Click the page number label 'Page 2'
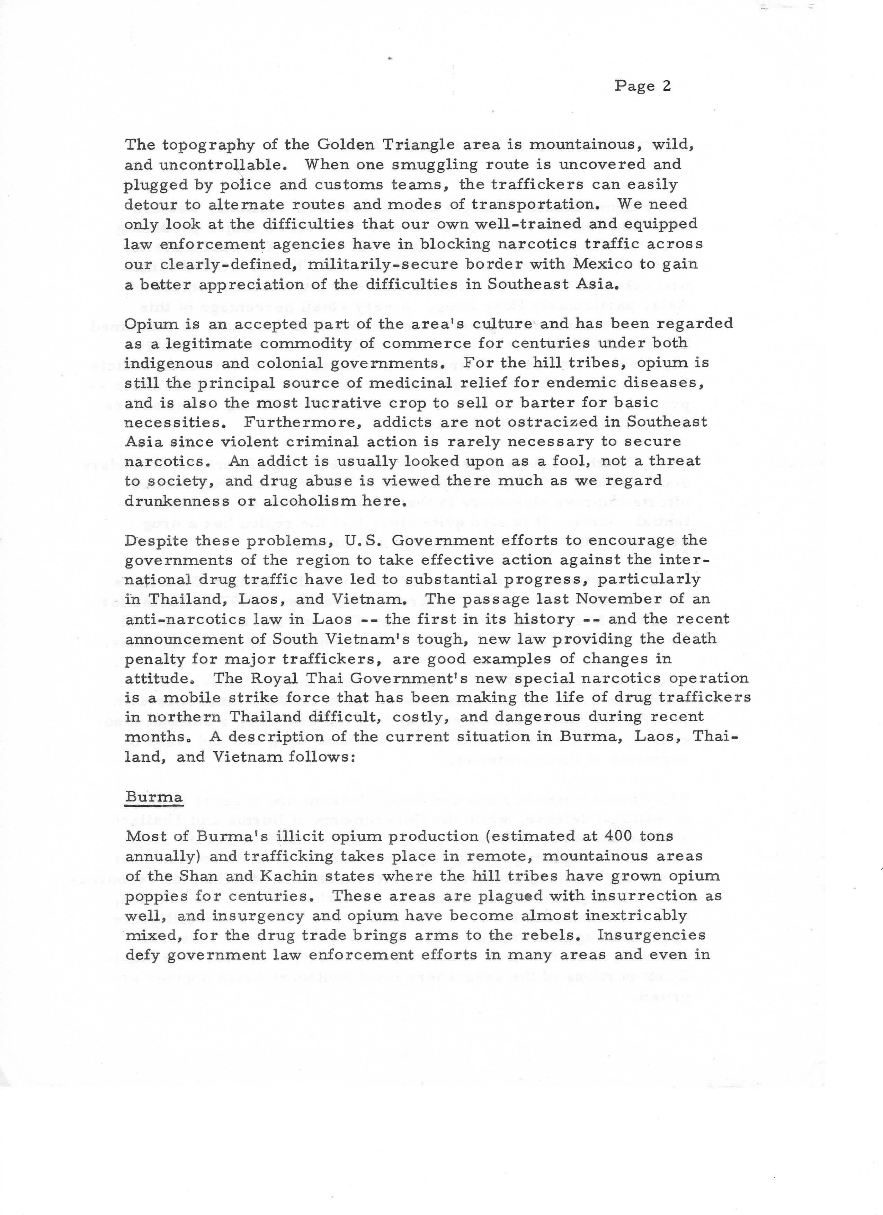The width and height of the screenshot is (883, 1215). click(642, 86)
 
